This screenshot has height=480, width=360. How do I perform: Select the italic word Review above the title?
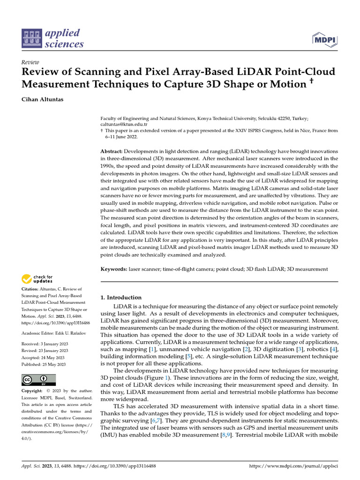click(31, 62)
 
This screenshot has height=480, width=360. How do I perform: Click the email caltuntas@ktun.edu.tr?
click(124, 125)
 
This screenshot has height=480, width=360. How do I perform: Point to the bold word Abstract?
click(112, 151)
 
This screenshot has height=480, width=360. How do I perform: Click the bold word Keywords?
click(114, 269)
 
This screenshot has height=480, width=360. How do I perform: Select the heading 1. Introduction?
click(121, 298)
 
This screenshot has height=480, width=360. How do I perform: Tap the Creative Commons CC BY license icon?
click(39, 380)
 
